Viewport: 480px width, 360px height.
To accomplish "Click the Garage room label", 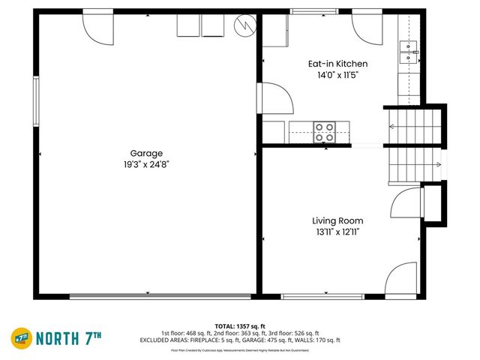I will (x=146, y=153).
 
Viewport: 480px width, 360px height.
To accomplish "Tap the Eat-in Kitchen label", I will (x=337, y=64).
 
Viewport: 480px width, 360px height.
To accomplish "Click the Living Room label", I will (x=337, y=220).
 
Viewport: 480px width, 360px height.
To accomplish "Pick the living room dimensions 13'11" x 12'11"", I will (x=337, y=232).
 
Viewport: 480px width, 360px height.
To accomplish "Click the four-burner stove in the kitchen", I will (x=325, y=132).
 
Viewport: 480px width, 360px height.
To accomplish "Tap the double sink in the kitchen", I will (x=408, y=51).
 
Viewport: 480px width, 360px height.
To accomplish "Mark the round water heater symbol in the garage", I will (x=244, y=25).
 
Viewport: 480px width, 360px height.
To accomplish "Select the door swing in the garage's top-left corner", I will (x=97, y=26).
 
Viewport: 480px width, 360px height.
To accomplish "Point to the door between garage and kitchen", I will (x=271, y=97).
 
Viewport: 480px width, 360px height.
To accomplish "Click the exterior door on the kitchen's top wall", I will (x=366, y=25).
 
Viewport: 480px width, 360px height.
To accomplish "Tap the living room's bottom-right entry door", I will (x=401, y=279).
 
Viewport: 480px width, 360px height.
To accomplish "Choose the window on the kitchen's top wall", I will (x=313, y=11).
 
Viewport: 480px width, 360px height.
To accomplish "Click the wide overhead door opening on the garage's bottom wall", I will (x=160, y=296).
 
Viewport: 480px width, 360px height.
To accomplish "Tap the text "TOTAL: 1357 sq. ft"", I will (x=239, y=325).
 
